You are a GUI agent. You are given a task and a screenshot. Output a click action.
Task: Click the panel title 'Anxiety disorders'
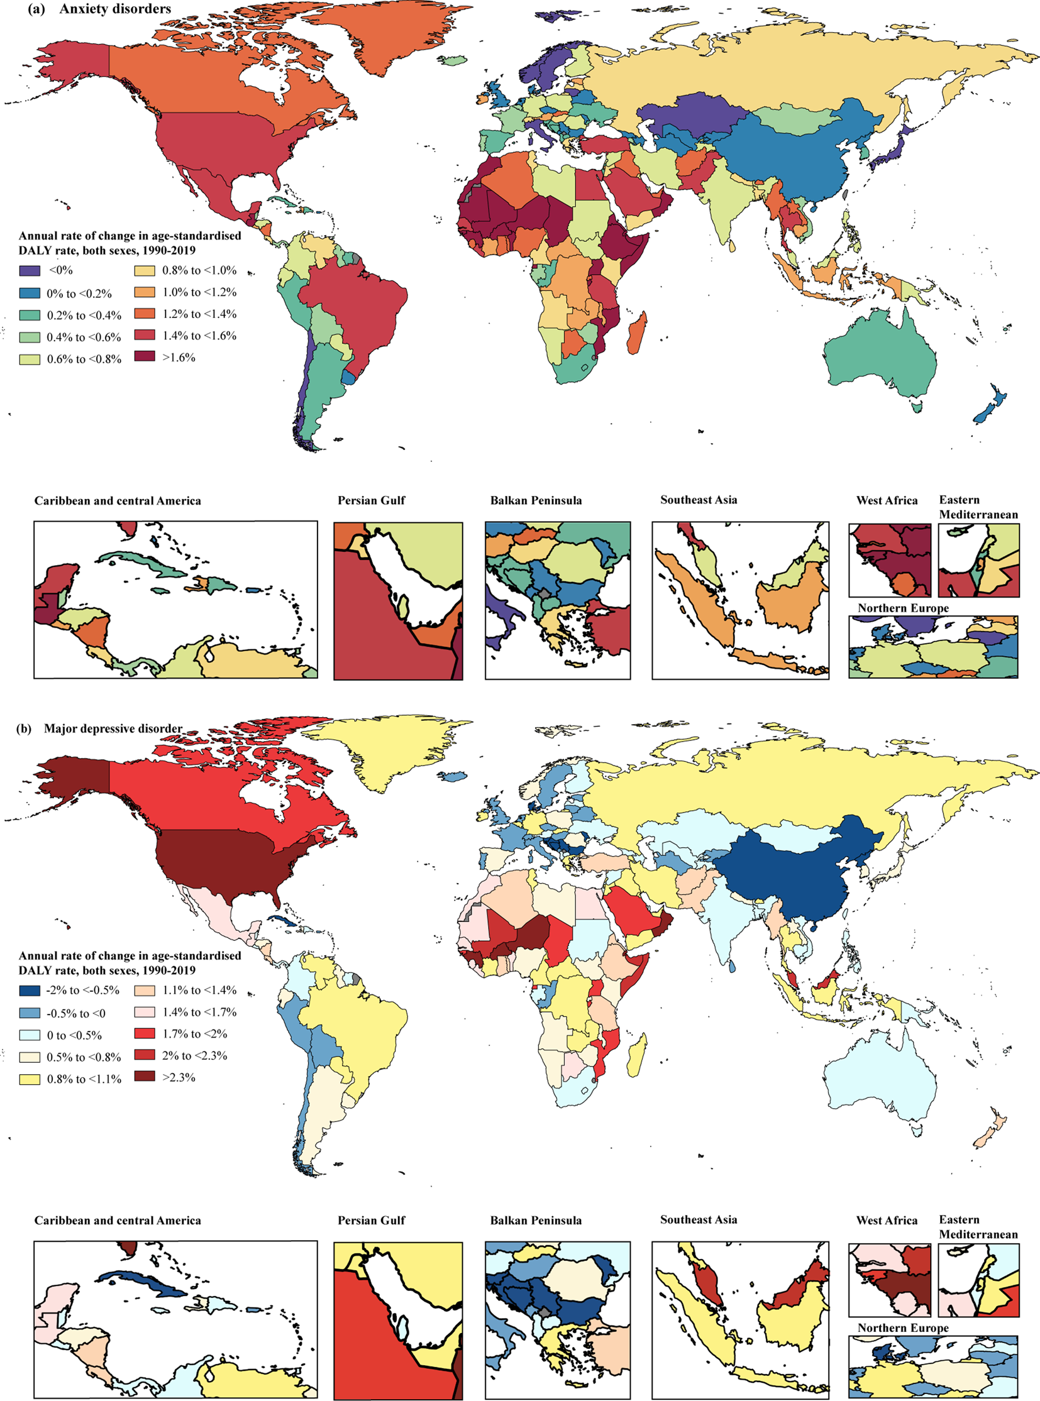point(115,9)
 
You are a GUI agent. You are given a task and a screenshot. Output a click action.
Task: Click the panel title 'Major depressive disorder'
point(113,729)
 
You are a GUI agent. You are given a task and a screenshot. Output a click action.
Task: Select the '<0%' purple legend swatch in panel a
point(29,272)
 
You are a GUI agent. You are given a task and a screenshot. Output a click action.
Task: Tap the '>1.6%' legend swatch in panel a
point(145,358)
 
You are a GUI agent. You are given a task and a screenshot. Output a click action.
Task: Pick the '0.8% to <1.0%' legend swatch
point(145,272)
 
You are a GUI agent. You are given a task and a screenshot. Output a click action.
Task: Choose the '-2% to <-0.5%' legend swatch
point(29,991)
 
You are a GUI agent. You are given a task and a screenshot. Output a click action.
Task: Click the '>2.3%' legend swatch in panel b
point(145,1077)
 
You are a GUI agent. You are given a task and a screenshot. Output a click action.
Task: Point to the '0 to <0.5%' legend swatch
point(29,1035)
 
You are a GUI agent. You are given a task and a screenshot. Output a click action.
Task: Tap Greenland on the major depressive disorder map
point(378,749)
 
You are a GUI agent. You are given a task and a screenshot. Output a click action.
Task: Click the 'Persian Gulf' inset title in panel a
point(372,501)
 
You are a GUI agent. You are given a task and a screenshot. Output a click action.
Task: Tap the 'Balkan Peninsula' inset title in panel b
point(536,1221)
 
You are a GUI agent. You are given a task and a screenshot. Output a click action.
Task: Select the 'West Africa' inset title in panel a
point(887,501)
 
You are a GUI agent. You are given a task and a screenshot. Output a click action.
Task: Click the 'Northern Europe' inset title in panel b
point(903,1327)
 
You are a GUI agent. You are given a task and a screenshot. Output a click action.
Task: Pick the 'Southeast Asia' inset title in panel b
point(698,1220)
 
